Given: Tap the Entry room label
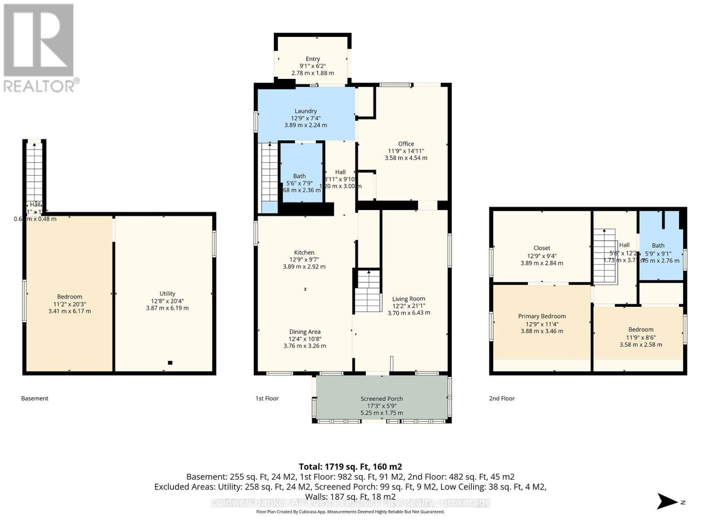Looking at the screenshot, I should (x=312, y=59).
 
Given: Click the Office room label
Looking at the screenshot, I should (x=406, y=144).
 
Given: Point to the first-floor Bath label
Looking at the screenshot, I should (x=299, y=176).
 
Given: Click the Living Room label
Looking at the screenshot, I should (x=408, y=299).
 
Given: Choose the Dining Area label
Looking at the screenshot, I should (x=304, y=332).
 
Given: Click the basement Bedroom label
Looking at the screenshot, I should (x=69, y=297).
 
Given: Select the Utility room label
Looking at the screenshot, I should (x=167, y=294).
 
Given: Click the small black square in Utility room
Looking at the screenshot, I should (x=170, y=363).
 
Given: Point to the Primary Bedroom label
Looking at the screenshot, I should (x=542, y=316).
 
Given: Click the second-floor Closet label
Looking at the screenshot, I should (x=542, y=248).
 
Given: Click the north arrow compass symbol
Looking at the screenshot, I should (x=668, y=501).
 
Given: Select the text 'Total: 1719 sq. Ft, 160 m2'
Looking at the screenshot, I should (x=350, y=467).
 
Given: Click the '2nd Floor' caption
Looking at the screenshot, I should (x=502, y=398).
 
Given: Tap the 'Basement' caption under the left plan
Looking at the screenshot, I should (x=35, y=398).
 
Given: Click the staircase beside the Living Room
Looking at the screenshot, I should (x=368, y=291).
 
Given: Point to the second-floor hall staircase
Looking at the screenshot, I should (x=604, y=256).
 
